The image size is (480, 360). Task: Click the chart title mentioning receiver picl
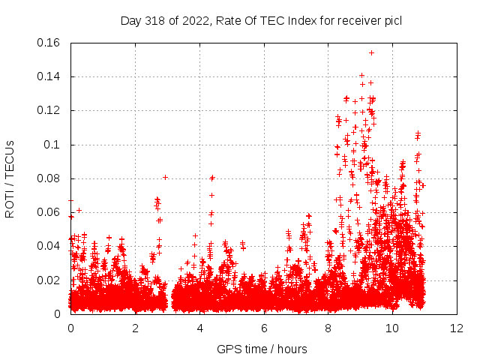[x=261, y=21]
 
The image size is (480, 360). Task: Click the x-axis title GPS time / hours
[x=262, y=349]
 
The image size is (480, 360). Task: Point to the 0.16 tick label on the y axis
[x=49, y=43]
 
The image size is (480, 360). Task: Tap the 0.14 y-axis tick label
[x=49, y=76]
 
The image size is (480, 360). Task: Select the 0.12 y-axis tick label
[x=49, y=110]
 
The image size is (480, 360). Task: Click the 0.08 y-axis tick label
[x=49, y=178]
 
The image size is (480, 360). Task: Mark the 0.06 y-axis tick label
[x=49, y=212]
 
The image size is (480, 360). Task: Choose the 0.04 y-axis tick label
[x=49, y=246]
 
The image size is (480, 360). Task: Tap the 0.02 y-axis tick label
[x=49, y=280]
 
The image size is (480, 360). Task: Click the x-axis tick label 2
[x=136, y=328]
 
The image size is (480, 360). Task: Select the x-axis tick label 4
[x=200, y=328]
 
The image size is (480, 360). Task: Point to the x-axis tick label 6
[x=265, y=328]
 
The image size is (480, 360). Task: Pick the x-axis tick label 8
[x=328, y=328]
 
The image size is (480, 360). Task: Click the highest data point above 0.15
[x=371, y=52]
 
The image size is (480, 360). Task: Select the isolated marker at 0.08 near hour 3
[x=165, y=177]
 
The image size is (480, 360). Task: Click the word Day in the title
[x=131, y=21]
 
